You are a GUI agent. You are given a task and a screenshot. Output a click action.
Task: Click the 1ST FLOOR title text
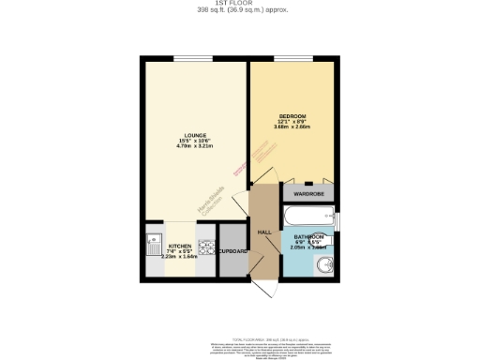point(240,4)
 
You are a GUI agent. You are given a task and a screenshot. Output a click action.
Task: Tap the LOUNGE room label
point(196,135)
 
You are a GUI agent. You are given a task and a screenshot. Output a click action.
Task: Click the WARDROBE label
point(308,194)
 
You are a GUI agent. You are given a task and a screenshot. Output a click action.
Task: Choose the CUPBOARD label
point(232,251)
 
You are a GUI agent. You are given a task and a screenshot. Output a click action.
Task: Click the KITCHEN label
point(179,246)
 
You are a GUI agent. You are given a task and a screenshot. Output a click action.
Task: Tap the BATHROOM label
point(308,236)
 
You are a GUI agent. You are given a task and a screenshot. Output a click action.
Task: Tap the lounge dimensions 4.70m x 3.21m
point(196,146)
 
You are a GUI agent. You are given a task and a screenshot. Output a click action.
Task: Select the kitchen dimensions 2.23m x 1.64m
point(179,257)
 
